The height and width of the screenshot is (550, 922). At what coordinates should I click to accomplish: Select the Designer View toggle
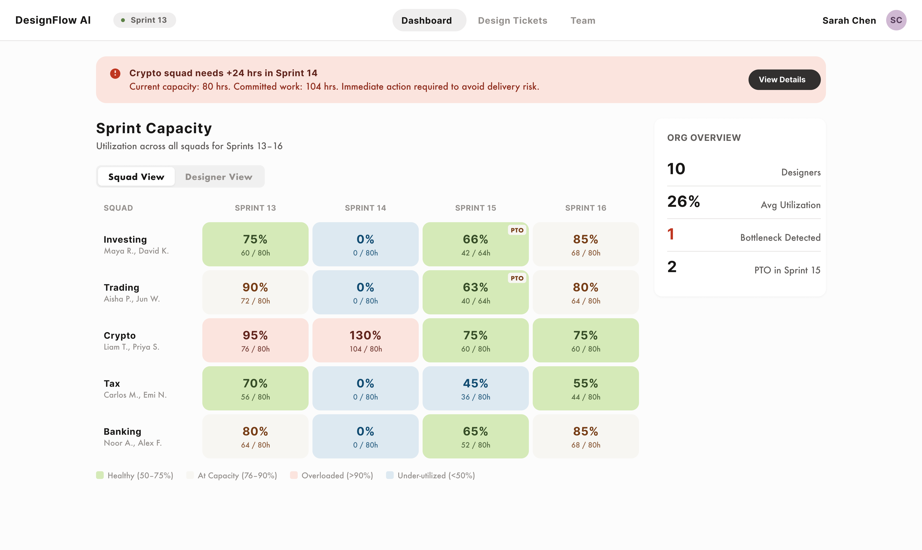click(219, 177)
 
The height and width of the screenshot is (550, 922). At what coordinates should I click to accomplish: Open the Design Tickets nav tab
click(512, 20)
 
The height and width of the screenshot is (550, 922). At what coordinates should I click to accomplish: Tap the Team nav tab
click(583, 20)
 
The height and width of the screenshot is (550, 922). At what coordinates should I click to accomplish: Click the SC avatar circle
click(896, 20)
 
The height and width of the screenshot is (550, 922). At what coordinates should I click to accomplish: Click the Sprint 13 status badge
click(144, 20)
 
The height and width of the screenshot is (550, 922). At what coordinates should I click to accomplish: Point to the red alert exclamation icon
click(115, 73)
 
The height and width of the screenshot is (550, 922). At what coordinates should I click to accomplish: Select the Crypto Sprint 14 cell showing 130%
click(365, 340)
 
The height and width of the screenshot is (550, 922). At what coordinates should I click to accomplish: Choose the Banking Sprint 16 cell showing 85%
click(585, 436)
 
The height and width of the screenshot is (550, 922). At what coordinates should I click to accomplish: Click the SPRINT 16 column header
click(585, 208)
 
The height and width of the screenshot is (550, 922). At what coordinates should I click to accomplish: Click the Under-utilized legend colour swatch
click(390, 475)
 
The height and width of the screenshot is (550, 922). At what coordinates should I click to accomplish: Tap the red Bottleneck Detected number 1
click(671, 234)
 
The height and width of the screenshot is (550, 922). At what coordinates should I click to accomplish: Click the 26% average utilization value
click(683, 202)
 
